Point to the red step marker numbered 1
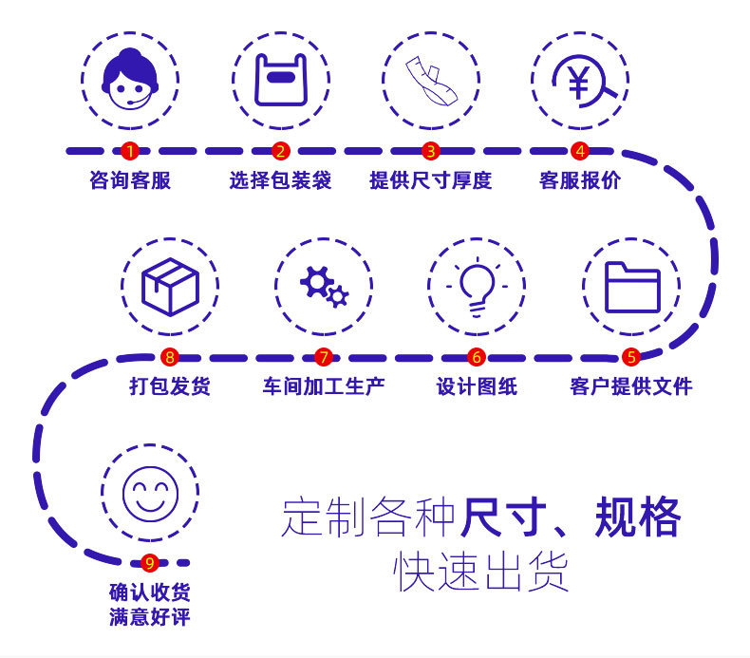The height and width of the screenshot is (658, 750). pyautogui.click(x=130, y=150)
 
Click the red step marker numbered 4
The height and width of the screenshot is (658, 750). pyautogui.click(x=580, y=150)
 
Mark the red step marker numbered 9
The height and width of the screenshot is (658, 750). pyautogui.click(x=149, y=563)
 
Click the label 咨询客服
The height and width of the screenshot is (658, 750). pyautogui.click(x=130, y=180)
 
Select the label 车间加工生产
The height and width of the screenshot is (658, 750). pyautogui.click(x=324, y=387)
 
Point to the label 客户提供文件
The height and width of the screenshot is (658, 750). pyautogui.click(x=631, y=387)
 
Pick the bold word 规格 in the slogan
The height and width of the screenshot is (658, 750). pyautogui.click(x=638, y=517)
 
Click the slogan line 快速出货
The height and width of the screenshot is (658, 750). pyautogui.click(x=481, y=572)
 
